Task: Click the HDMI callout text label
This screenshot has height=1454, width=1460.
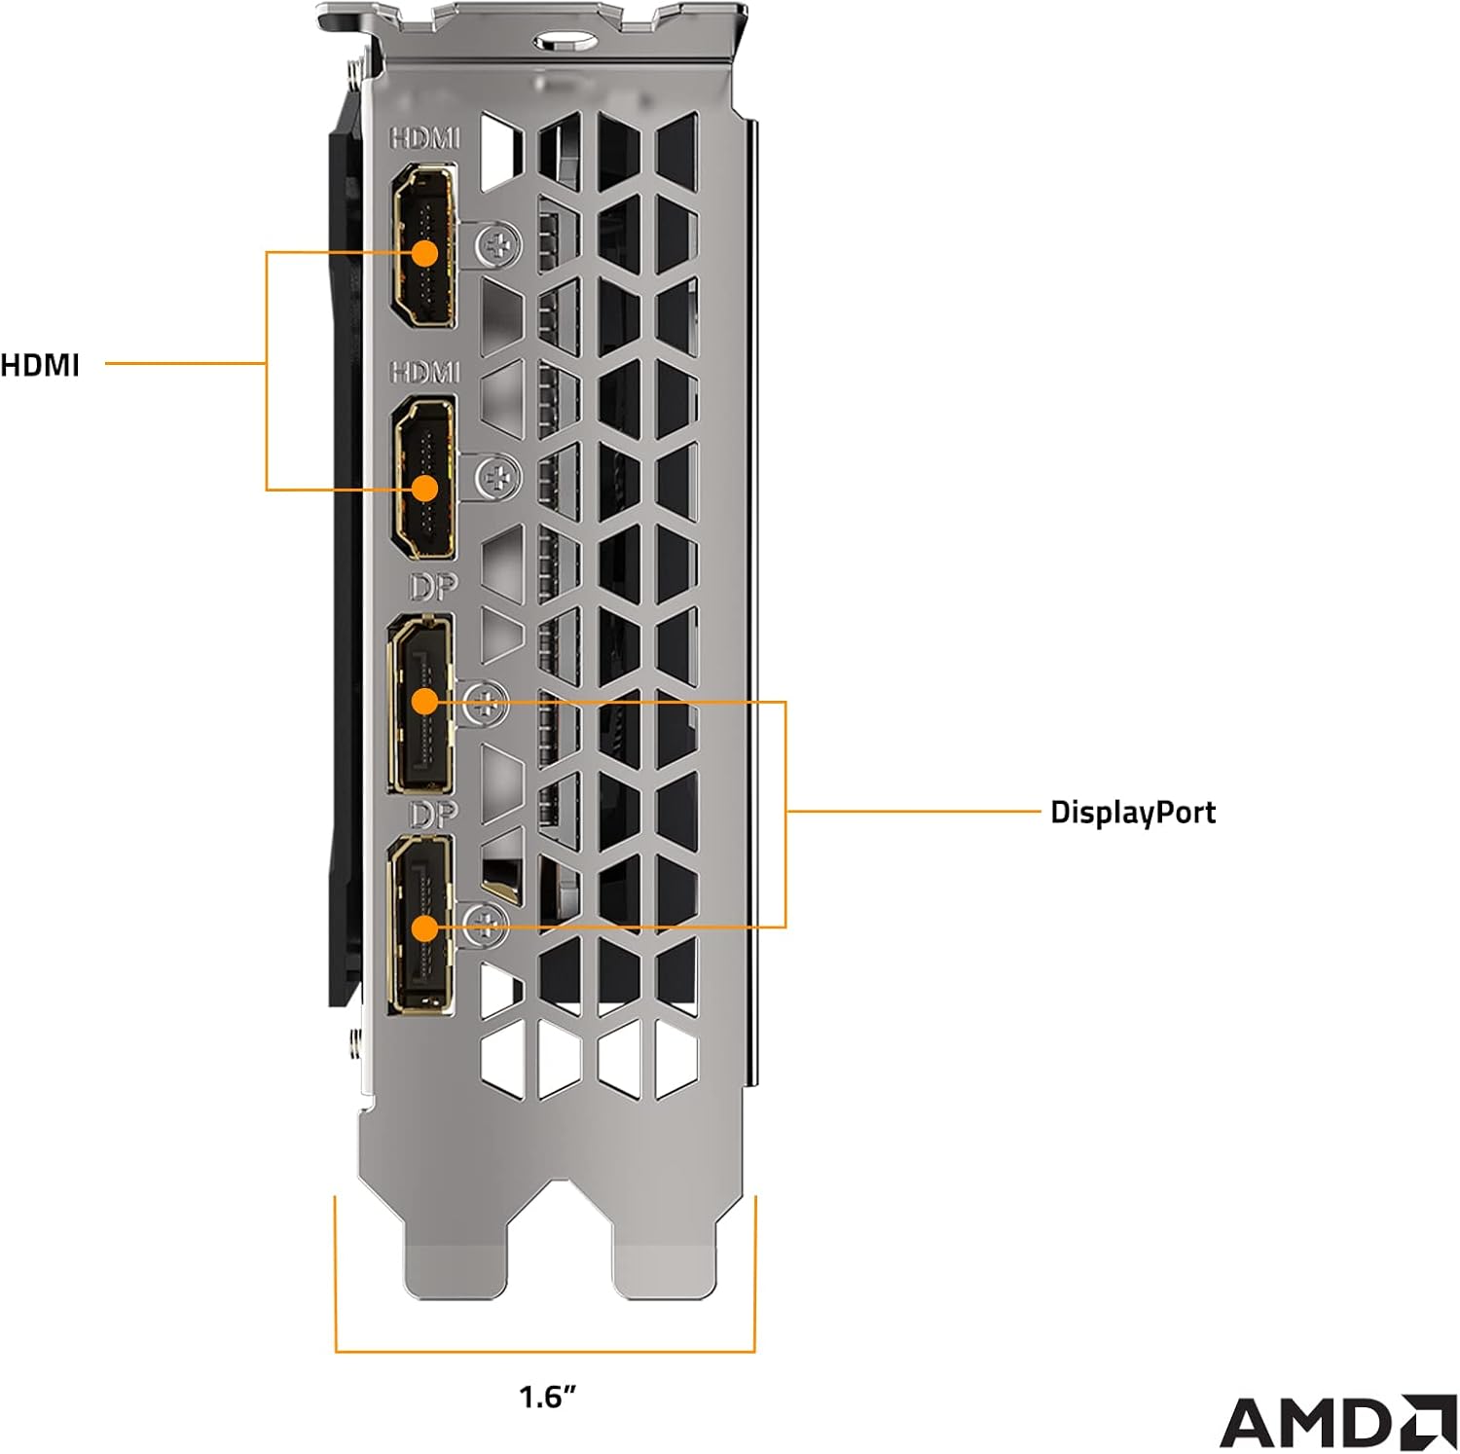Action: (x=40, y=365)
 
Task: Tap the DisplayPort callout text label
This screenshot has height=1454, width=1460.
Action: (x=1132, y=812)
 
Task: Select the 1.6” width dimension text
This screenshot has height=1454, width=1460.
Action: (x=547, y=1399)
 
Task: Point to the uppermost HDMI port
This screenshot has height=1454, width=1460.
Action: (x=423, y=247)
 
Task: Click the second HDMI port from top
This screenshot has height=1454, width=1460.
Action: (x=423, y=477)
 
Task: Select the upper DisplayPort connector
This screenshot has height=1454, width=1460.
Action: (x=420, y=703)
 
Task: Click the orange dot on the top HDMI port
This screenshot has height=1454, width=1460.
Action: (x=424, y=253)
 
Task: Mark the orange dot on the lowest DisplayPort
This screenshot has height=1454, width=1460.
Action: (x=424, y=927)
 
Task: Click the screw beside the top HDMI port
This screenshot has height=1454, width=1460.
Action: (x=497, y=243)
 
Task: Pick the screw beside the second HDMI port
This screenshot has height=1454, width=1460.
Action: (x=497, y=477)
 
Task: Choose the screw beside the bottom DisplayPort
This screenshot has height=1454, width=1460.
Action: (x=487, y=923)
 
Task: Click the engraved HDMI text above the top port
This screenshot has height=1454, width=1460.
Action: (x=424, y=139)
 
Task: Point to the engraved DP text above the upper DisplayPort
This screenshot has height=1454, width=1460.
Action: (x=433, y=587)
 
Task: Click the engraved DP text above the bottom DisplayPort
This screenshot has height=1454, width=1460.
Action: (x=433, y=814)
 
